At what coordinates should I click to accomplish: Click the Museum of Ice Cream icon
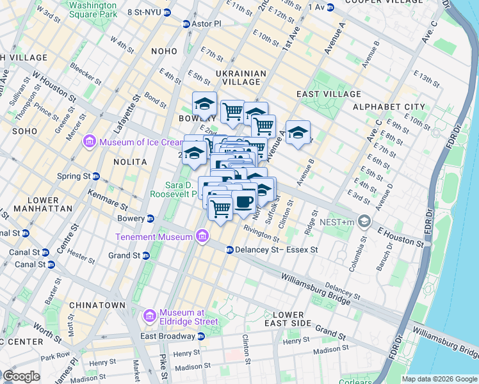[89, 141]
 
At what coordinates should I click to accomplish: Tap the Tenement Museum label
[154, 237]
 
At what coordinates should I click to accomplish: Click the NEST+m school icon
[364, 221]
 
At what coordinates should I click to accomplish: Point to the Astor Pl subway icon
[186, 24]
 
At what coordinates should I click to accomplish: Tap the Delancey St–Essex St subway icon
[229, 250]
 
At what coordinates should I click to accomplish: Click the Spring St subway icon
[95, 176]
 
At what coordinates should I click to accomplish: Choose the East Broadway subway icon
[200, 336]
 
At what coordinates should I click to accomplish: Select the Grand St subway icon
[145, 255]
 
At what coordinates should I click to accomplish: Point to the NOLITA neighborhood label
[131, 162]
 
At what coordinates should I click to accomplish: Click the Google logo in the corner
[21, 376]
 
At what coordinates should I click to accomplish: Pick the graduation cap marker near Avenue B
[298, 132]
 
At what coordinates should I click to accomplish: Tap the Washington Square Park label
[93, 8]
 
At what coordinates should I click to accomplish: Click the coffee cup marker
[243, 202]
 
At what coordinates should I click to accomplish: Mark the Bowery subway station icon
[150, 219]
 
